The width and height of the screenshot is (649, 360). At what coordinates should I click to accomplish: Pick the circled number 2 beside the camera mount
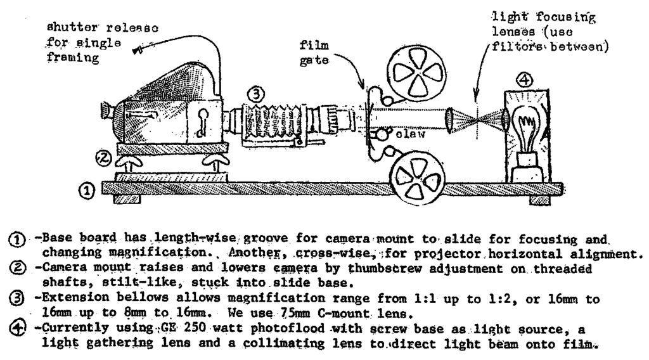pos(102,154)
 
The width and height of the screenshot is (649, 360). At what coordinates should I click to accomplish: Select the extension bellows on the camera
pos(274,119)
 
